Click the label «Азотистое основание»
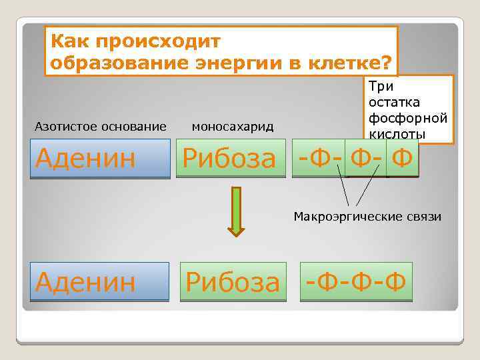[101, 126]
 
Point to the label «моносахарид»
[233, 126]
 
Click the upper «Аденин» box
[100, 158]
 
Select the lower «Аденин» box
[100, 281]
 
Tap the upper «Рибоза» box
[230, 158]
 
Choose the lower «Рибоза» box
[233, 281]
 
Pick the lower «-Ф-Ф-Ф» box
[356, 281]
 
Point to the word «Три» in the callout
[381, 86]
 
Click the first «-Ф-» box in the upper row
[318, 158]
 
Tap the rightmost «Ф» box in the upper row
[402, 158]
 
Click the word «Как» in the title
[69, 41]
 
